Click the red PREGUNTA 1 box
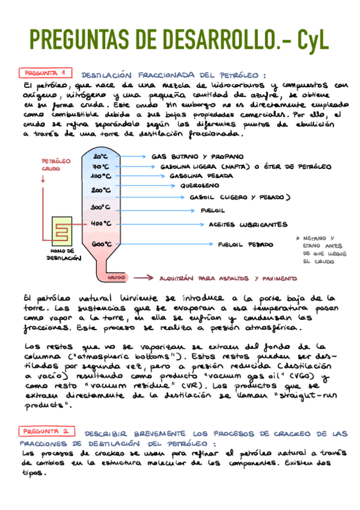pyautogui.click(x=46, y=73)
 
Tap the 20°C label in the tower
pyautogui.click(x=100, y=156)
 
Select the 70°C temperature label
pyautogui.click(x=100, y=166)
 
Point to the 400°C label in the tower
pyautogui.click(x=100, y=223)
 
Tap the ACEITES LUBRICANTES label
pyautogui.click(x=248, y=225)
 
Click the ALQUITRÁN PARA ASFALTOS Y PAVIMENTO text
pyautogui.click(x=228, y=278)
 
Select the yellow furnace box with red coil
pyautogui.click(x=62, y=230)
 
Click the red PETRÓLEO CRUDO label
pyautogui.click(x=55, y=165)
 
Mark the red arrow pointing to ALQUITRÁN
pyautogui.click(x=144, y=278)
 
